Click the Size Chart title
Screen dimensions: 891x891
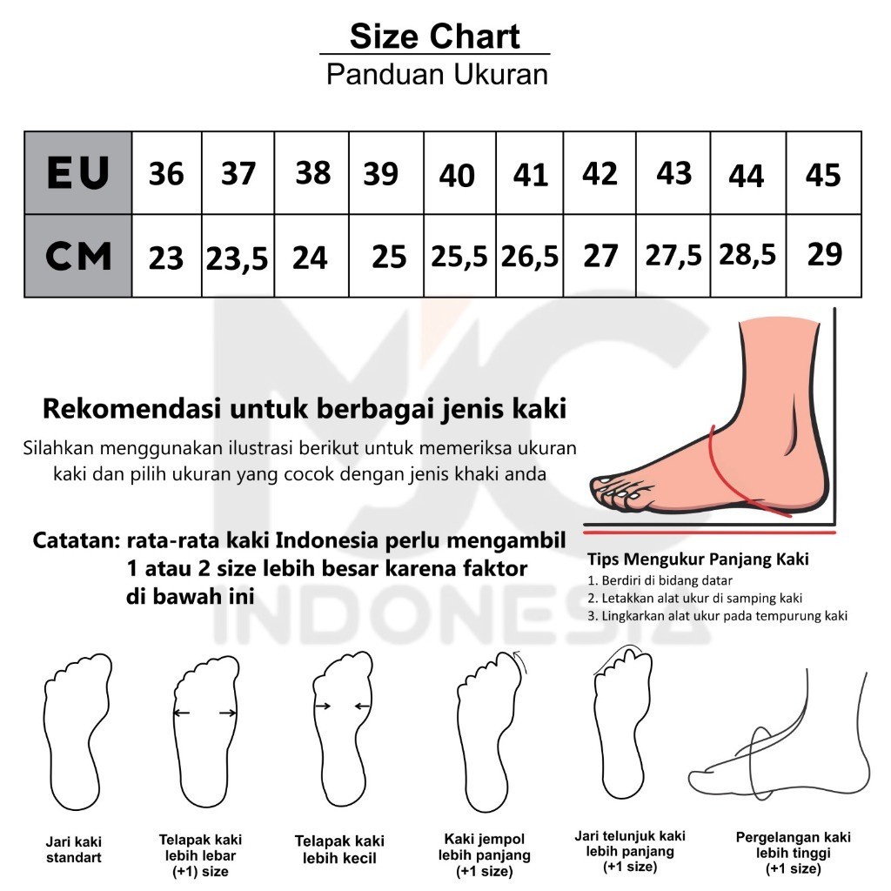pyautogui.click(x=435, y=37)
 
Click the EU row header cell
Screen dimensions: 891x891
pyautogui.click(x=78, y=172)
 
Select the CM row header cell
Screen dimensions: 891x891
pyautogui.click(x=78, y=257)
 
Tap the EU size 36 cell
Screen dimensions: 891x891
pyautogui.click(x=166, y=173)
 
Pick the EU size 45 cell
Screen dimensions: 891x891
pyautogui.click(x=823, y=175)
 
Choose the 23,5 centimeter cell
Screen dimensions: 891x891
pyautogui.click(x=238, y=258)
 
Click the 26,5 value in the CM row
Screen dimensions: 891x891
pyautogui.click(x=530, y=257)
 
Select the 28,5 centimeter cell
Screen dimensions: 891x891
pyautogui.click(x=748, y=255)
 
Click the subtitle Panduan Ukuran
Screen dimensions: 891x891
pyautogui.click(x=437, y=74)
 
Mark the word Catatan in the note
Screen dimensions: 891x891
pyautogui.click(x=76, y=540)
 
